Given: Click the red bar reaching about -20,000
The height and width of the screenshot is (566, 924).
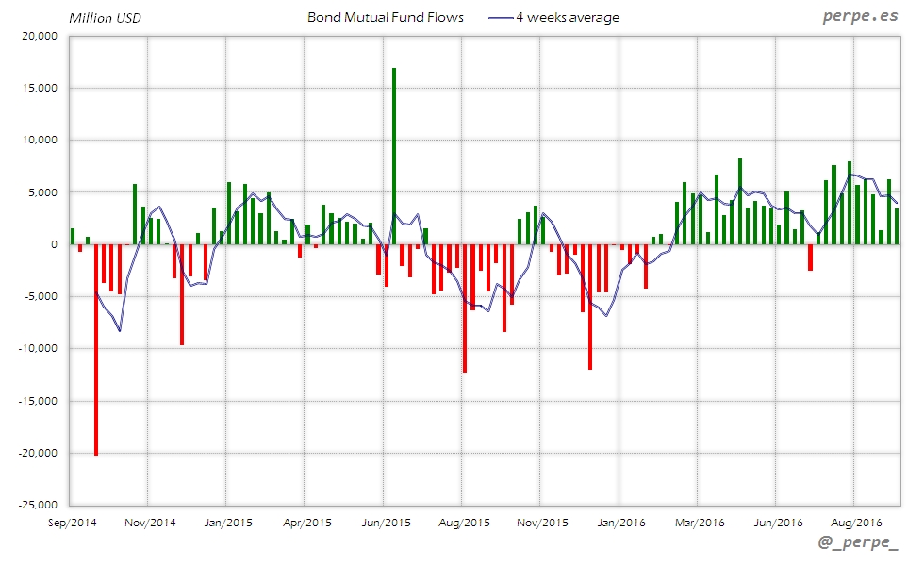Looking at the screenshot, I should (x=96, y=349).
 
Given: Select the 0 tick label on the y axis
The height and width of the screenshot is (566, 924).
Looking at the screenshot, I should (x=54, y=244).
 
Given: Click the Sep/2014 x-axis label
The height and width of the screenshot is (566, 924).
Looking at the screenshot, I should (x=72, y=521).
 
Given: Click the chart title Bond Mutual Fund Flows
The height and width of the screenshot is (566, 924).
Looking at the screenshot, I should (x=386, y=18).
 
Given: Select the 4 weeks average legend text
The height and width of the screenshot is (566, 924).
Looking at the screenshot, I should (x=568, y=18).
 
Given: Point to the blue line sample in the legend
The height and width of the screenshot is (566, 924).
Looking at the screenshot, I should (x=501, y=18).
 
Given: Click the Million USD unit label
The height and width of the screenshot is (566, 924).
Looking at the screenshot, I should (x=105, y=18).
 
